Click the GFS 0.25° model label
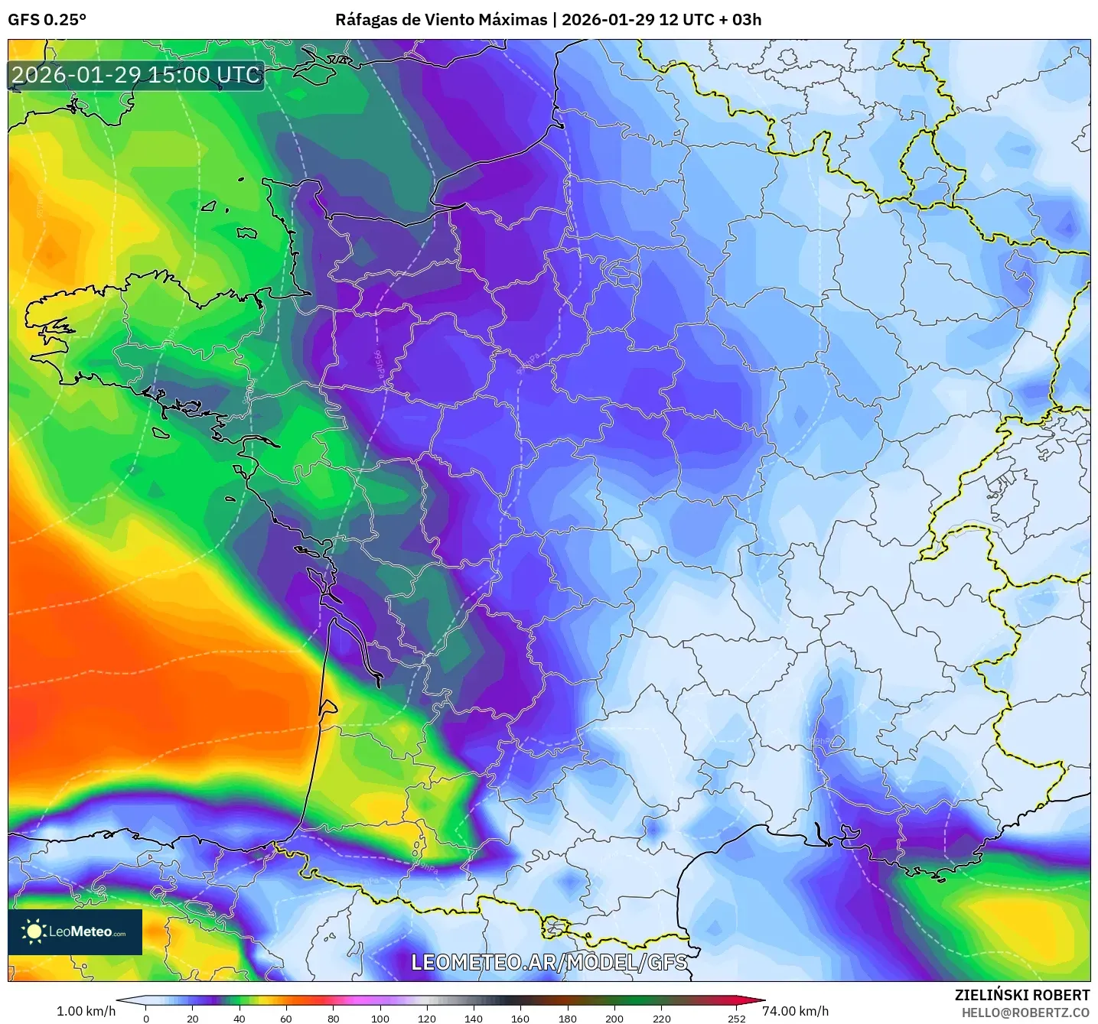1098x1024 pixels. [47, 20]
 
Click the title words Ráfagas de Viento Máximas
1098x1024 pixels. [441, 20]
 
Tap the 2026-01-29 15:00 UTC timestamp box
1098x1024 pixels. [136, 75]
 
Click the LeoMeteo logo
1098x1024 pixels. [75, 931]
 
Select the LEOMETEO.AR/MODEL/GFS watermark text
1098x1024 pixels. [549, 962]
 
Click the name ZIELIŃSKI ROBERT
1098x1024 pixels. [1022, 995]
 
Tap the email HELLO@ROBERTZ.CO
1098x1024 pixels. [1025, 1013]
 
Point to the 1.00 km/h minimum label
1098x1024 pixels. [86, 1011]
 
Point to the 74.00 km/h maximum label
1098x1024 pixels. [795, 1011]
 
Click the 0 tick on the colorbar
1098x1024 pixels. [146, 1018]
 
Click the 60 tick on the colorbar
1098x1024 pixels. [286, 1018]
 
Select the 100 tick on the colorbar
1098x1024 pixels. [380, 1018]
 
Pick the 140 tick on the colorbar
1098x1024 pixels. [474, 1018]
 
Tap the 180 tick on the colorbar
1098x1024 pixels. [568, 1018]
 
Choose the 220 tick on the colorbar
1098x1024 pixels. [662, 1018]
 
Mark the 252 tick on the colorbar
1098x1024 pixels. [736, 1018]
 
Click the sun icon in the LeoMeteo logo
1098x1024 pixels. [33, 931]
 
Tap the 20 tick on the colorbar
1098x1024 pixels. [193, 1018]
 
